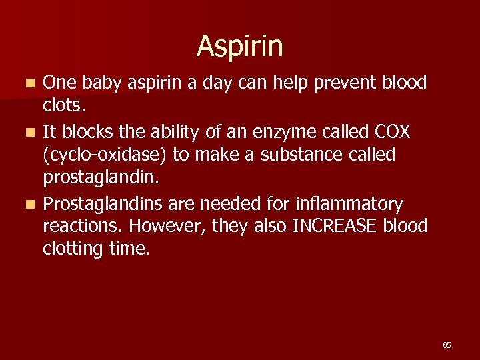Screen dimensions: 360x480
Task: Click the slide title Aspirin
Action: pyautogui.click(x=240, y=46)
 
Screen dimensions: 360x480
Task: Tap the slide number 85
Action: pyautogui.click(x=447, y=345)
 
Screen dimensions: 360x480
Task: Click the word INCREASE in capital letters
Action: pyautogui.click(x=335, y=226)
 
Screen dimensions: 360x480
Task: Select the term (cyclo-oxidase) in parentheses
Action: pyautogui.click(x=105, y=155)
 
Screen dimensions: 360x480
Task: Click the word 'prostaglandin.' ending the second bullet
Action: pyautogui.click(x=99, y=178)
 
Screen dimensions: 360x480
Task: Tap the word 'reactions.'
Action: pyautogui.click(x=83, y=226)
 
